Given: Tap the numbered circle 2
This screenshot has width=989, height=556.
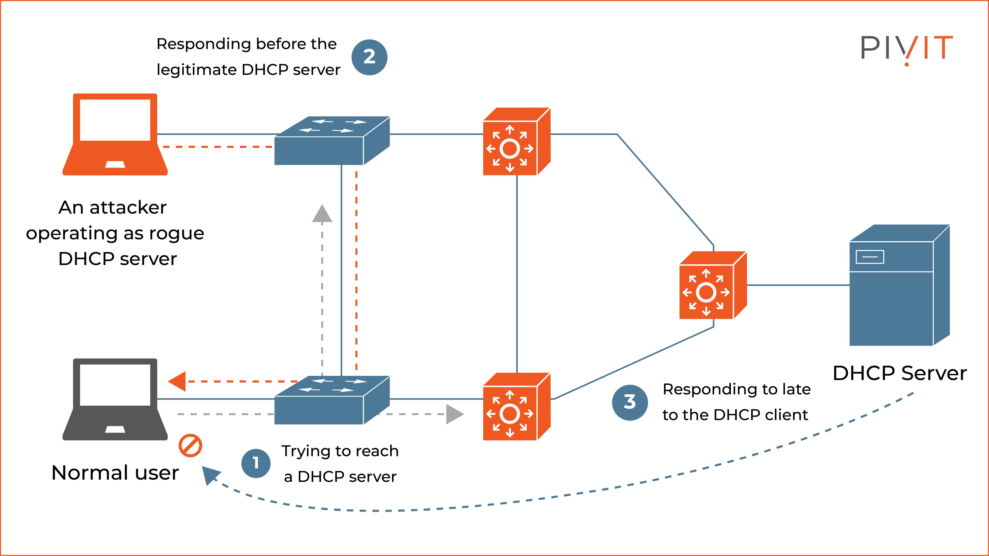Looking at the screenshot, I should [x=369, y=57].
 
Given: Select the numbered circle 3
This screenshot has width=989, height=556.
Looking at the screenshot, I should [x=630, y=402].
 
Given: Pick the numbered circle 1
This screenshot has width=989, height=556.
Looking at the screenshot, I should [x=256, y=463].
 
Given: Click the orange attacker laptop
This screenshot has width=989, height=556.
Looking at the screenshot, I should [x=115, y=134].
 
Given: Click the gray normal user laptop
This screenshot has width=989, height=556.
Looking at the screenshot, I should [x=115, y=399].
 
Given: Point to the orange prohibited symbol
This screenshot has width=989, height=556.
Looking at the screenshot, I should [x=190, y=446].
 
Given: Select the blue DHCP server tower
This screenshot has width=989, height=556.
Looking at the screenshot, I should [x=899, y=286].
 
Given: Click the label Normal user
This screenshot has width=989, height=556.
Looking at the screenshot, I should [x=115, y=473].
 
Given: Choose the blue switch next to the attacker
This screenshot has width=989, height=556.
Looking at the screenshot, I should [x=332, y=141].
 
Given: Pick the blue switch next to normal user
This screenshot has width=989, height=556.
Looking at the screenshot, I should [x=332, y=400].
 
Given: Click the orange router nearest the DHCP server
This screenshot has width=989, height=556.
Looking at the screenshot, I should [x=712, y=286].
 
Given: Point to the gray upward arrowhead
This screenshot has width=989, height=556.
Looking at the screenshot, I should [x=322, y=214].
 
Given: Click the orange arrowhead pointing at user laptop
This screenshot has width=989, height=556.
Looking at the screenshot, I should [x=177, y=381].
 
